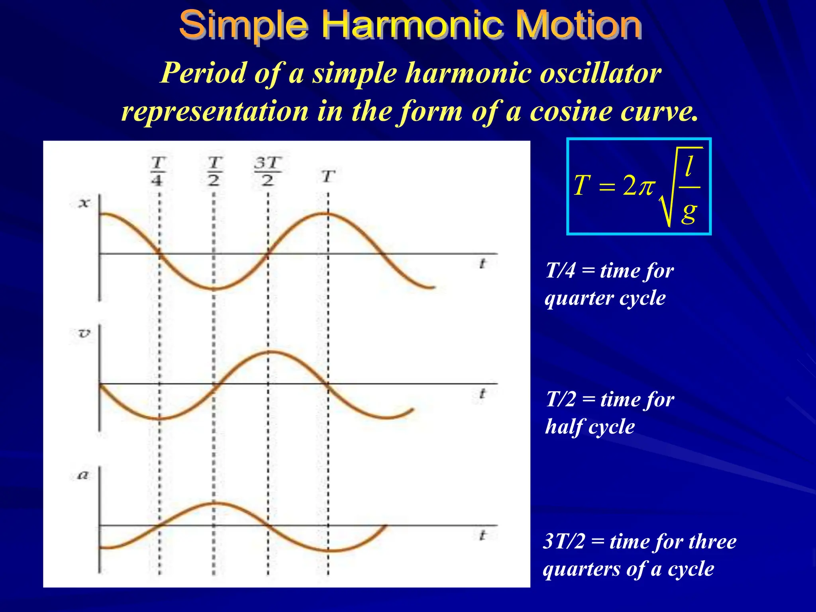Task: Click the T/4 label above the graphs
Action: [x=158, y=171]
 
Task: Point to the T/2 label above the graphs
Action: [x=214, y=171]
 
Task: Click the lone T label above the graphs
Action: [x=328, y=176]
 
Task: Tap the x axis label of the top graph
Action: [x=84, y=203]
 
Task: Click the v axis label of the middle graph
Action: [x=84, y=333]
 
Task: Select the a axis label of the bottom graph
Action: [x=82, y=475]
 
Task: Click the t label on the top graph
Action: [x=483, y=264]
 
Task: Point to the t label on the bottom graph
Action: [x=483, y=535]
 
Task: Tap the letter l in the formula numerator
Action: [x=688, y=166]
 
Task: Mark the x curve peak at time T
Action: [x=328, y=214]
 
